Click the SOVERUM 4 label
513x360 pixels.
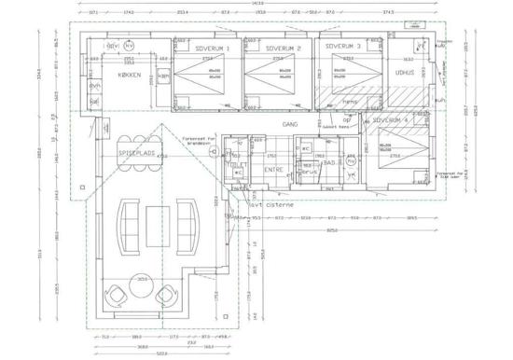392,120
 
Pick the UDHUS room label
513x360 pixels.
404,72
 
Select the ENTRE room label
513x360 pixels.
272,170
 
